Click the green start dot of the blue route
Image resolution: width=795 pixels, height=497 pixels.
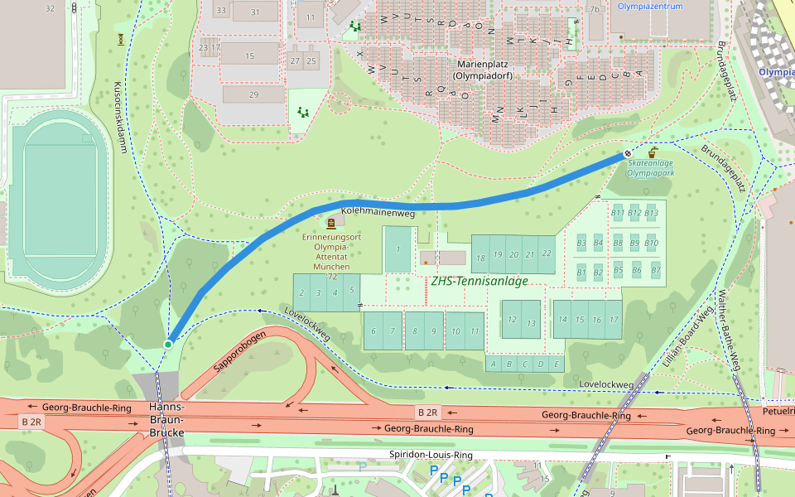tap(168, 344)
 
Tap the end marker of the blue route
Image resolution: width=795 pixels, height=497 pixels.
tap(628, 153)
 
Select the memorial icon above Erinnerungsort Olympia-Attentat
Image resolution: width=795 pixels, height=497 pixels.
tap(331, 223)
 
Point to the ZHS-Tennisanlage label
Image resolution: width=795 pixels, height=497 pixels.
tap(479, 282)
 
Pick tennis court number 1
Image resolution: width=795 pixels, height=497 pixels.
tap(397, 249)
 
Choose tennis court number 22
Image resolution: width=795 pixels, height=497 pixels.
tap(546, 254)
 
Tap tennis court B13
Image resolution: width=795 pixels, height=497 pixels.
tap(651, 213)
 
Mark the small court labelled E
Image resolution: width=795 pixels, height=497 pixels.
tap(557, 364)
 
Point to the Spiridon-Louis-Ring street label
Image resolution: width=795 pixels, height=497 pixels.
tap(431, 456)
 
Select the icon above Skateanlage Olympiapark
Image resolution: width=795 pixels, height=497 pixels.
tap(653, 153)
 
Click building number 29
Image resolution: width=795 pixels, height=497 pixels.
tap(253, 94)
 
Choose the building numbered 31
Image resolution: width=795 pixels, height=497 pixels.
tap(255, 12)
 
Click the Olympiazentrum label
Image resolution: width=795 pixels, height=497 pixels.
tap(650, 6)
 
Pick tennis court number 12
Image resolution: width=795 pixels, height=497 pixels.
tap(512, 321)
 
